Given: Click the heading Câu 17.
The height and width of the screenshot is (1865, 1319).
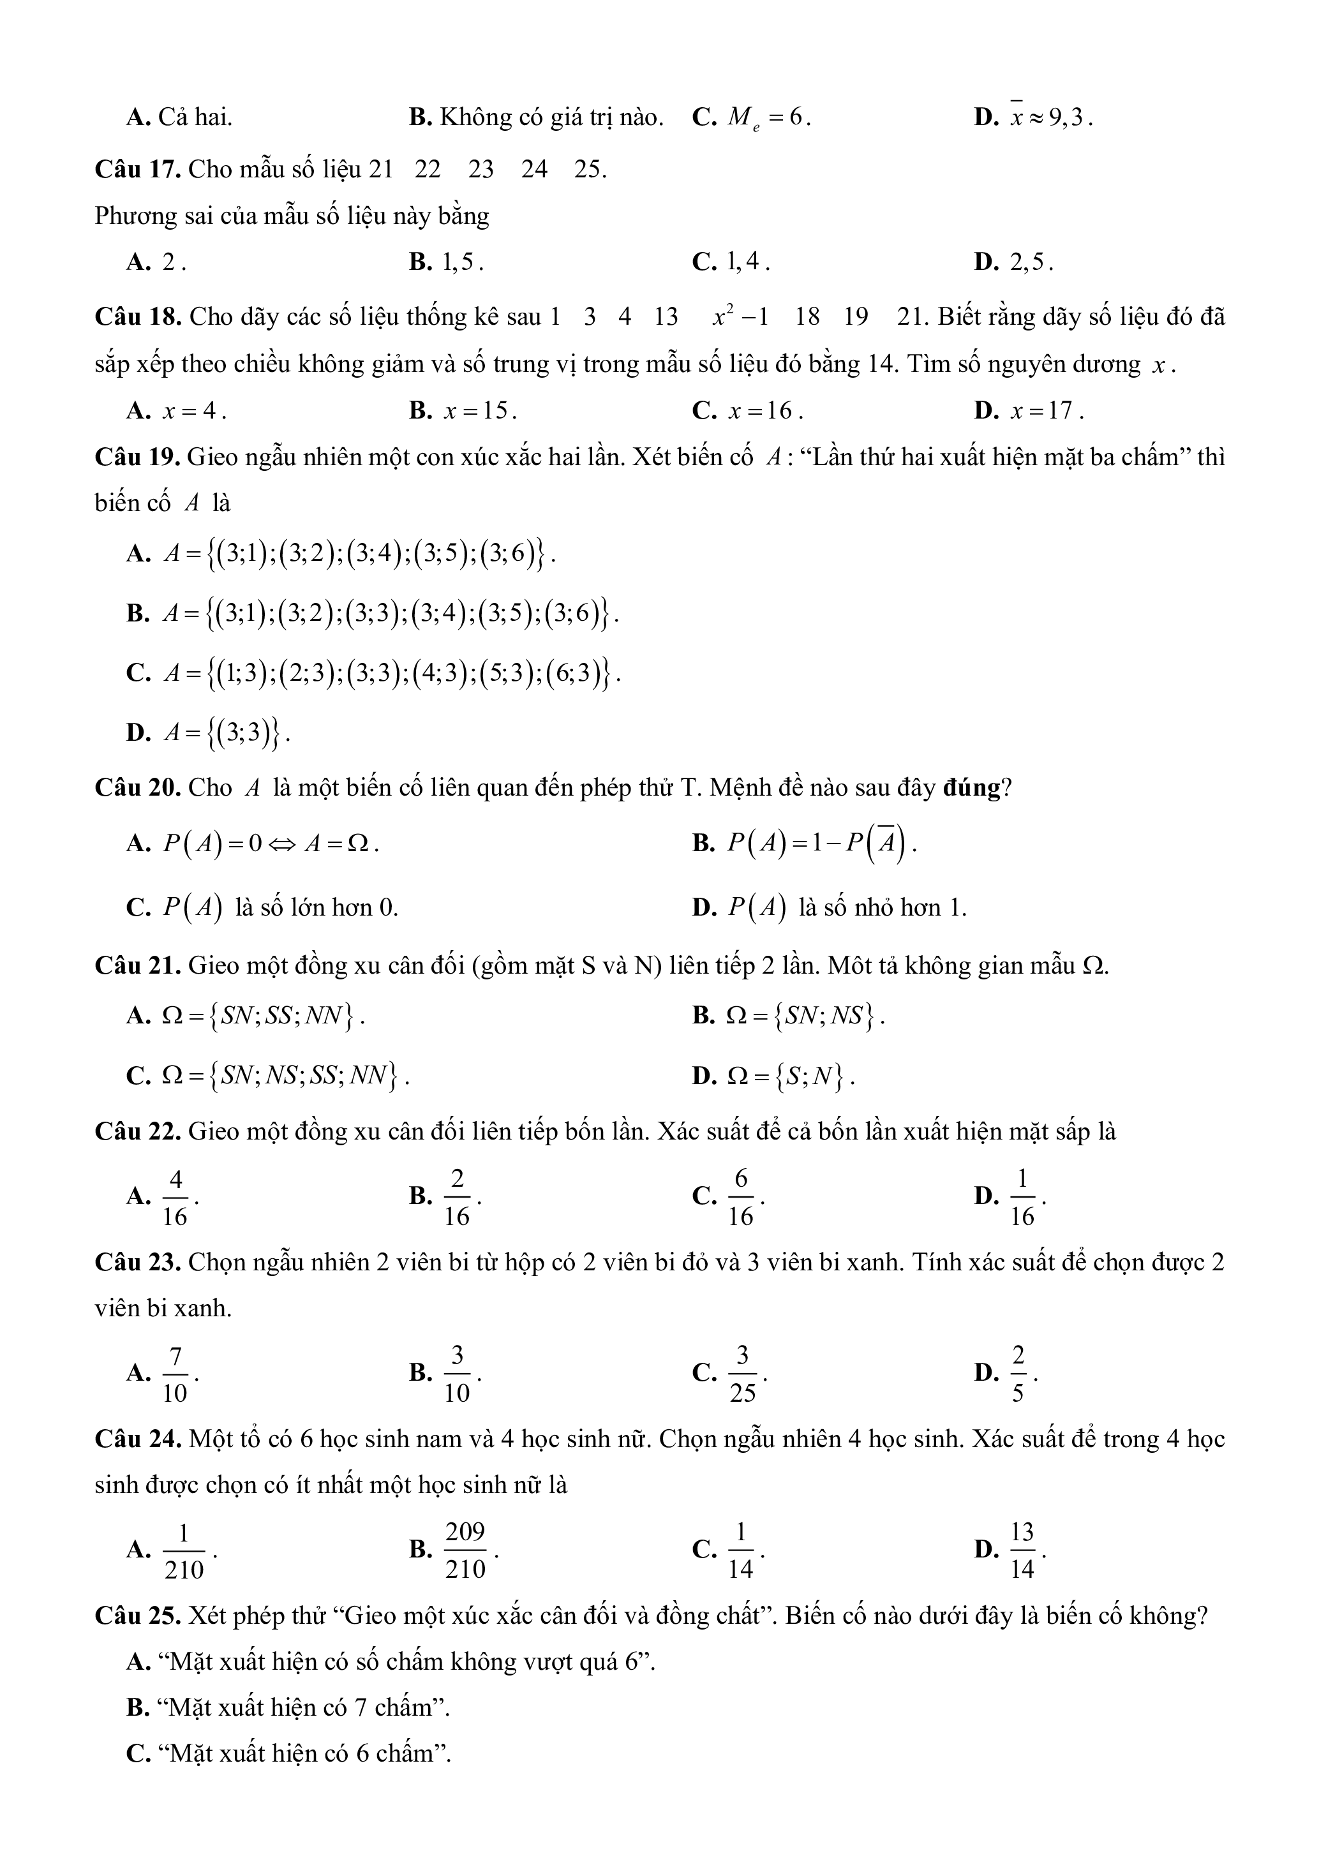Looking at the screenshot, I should (x=137, y=170).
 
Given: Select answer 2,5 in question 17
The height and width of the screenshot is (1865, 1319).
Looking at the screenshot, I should (x=1030, y=262).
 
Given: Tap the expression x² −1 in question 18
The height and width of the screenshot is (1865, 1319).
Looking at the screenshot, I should (x=740, y=317).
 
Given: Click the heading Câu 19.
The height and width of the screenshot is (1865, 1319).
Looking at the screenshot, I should (x=137, y=457).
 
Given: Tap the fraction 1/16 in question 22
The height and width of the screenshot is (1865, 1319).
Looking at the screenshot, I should (x=1022, y=1196).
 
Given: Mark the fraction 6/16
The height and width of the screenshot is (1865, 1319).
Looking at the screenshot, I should (x=740, y=1196).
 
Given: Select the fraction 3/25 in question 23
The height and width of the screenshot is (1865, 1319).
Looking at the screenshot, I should (x=741, y=1374).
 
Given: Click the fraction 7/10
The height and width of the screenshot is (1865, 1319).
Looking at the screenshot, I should (x=175, y=1374).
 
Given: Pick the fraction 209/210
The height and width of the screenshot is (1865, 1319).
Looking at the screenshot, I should (x=465, y=1550).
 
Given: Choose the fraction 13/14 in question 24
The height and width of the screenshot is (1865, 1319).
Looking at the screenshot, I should (x=1022, y=1550).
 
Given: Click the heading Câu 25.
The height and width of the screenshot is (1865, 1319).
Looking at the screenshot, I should (x=137, y=1616).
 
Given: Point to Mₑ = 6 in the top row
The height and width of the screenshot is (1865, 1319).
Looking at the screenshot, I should (x=768, y=119).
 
